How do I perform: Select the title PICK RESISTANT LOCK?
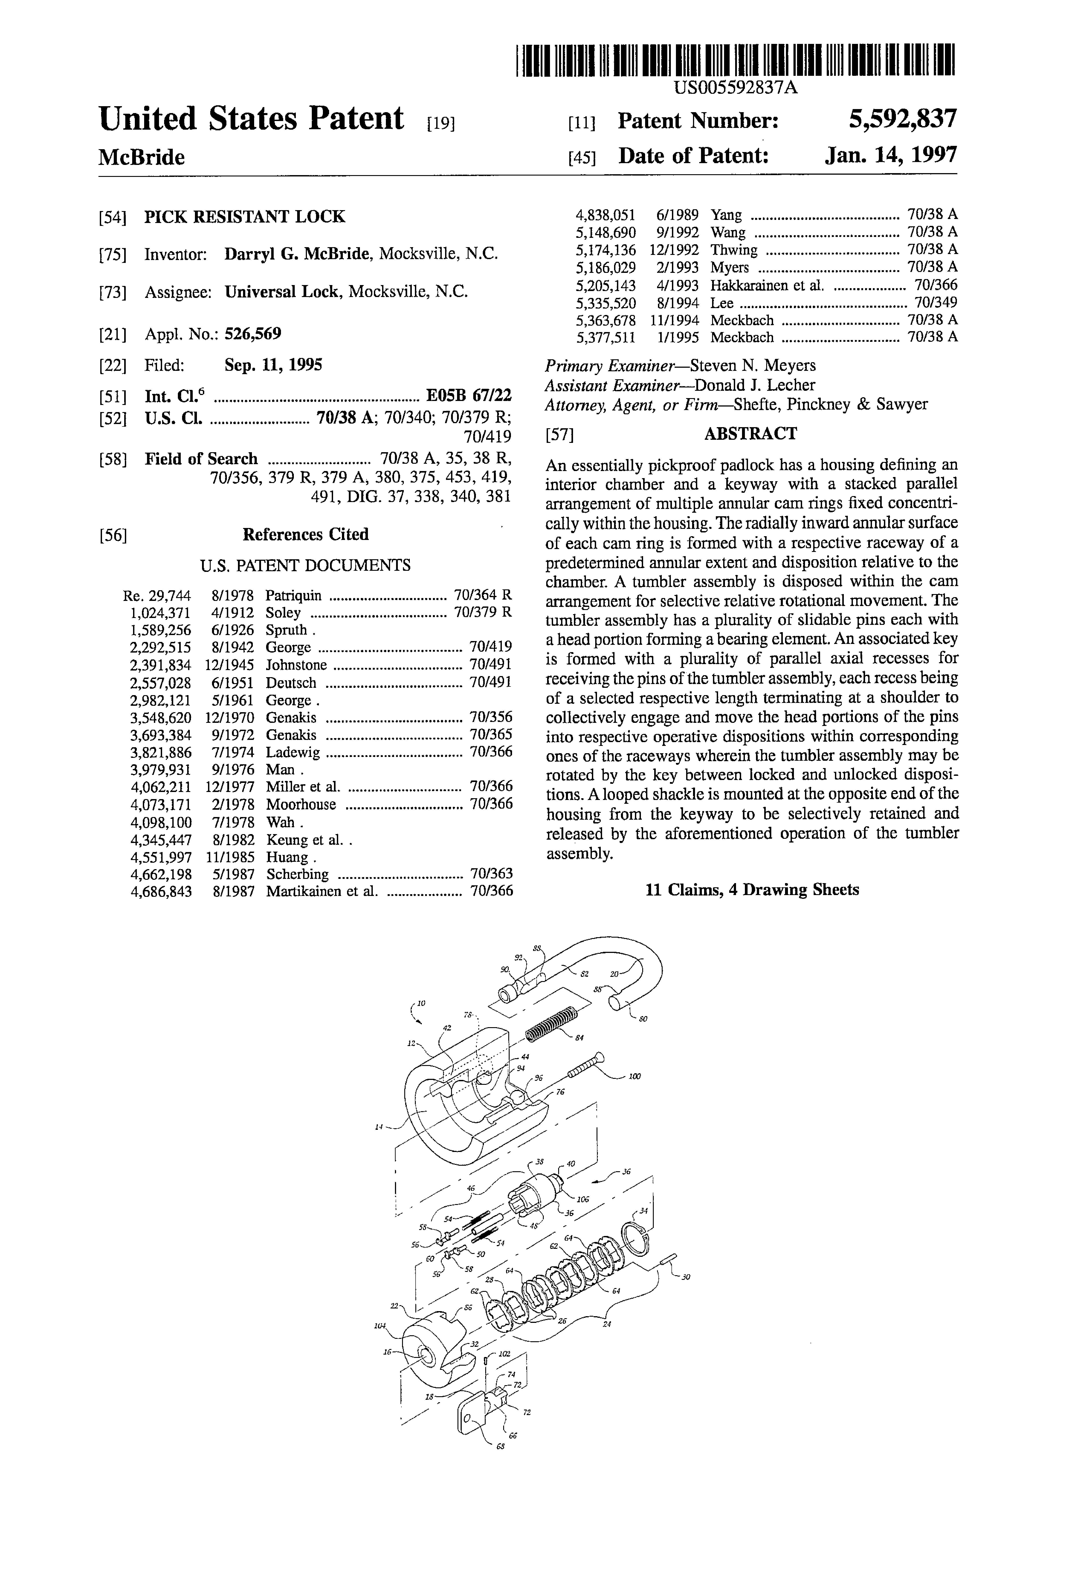245,217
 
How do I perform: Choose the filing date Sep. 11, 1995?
273,366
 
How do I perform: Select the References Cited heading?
306,534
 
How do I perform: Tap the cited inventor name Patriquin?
293,596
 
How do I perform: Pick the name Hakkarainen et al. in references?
767,285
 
